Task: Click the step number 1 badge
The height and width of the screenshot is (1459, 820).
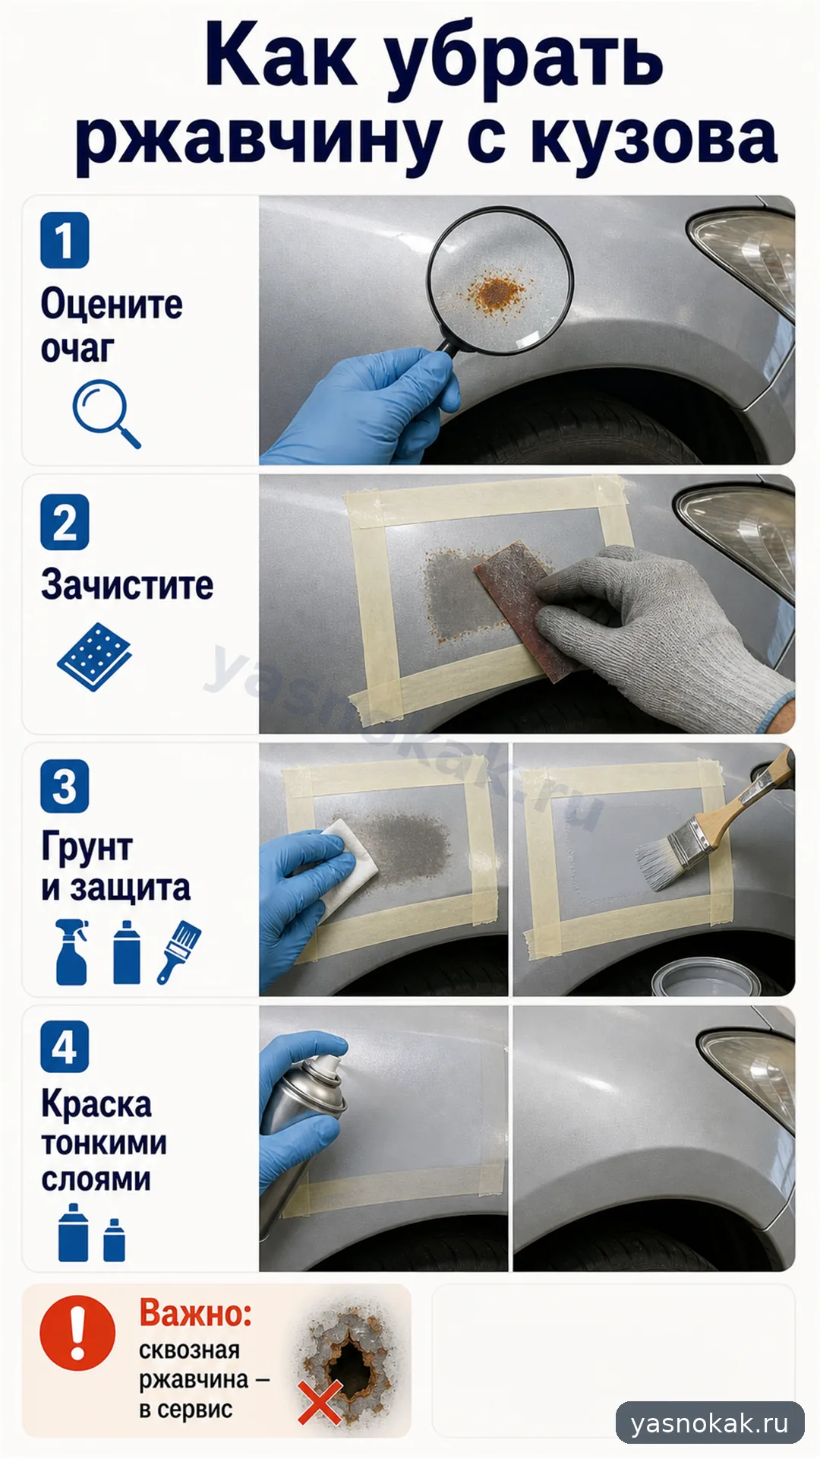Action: [65, 240]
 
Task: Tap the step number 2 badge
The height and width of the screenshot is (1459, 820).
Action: [65, 522]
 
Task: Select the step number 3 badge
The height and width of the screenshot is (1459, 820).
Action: [65, 786]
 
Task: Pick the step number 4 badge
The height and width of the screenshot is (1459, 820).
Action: [65, 1047]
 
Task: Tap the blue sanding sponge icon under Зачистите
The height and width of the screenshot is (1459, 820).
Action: [94, 657]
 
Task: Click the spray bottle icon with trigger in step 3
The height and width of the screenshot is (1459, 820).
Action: [72, 952]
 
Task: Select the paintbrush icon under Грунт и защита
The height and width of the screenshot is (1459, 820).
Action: [179, 952]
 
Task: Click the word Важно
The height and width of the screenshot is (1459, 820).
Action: [195, 1313]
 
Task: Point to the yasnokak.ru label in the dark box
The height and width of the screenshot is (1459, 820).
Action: [710, 1423]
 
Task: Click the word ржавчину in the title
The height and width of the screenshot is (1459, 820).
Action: [258, 141]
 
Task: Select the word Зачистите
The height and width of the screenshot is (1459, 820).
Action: [127, 585]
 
